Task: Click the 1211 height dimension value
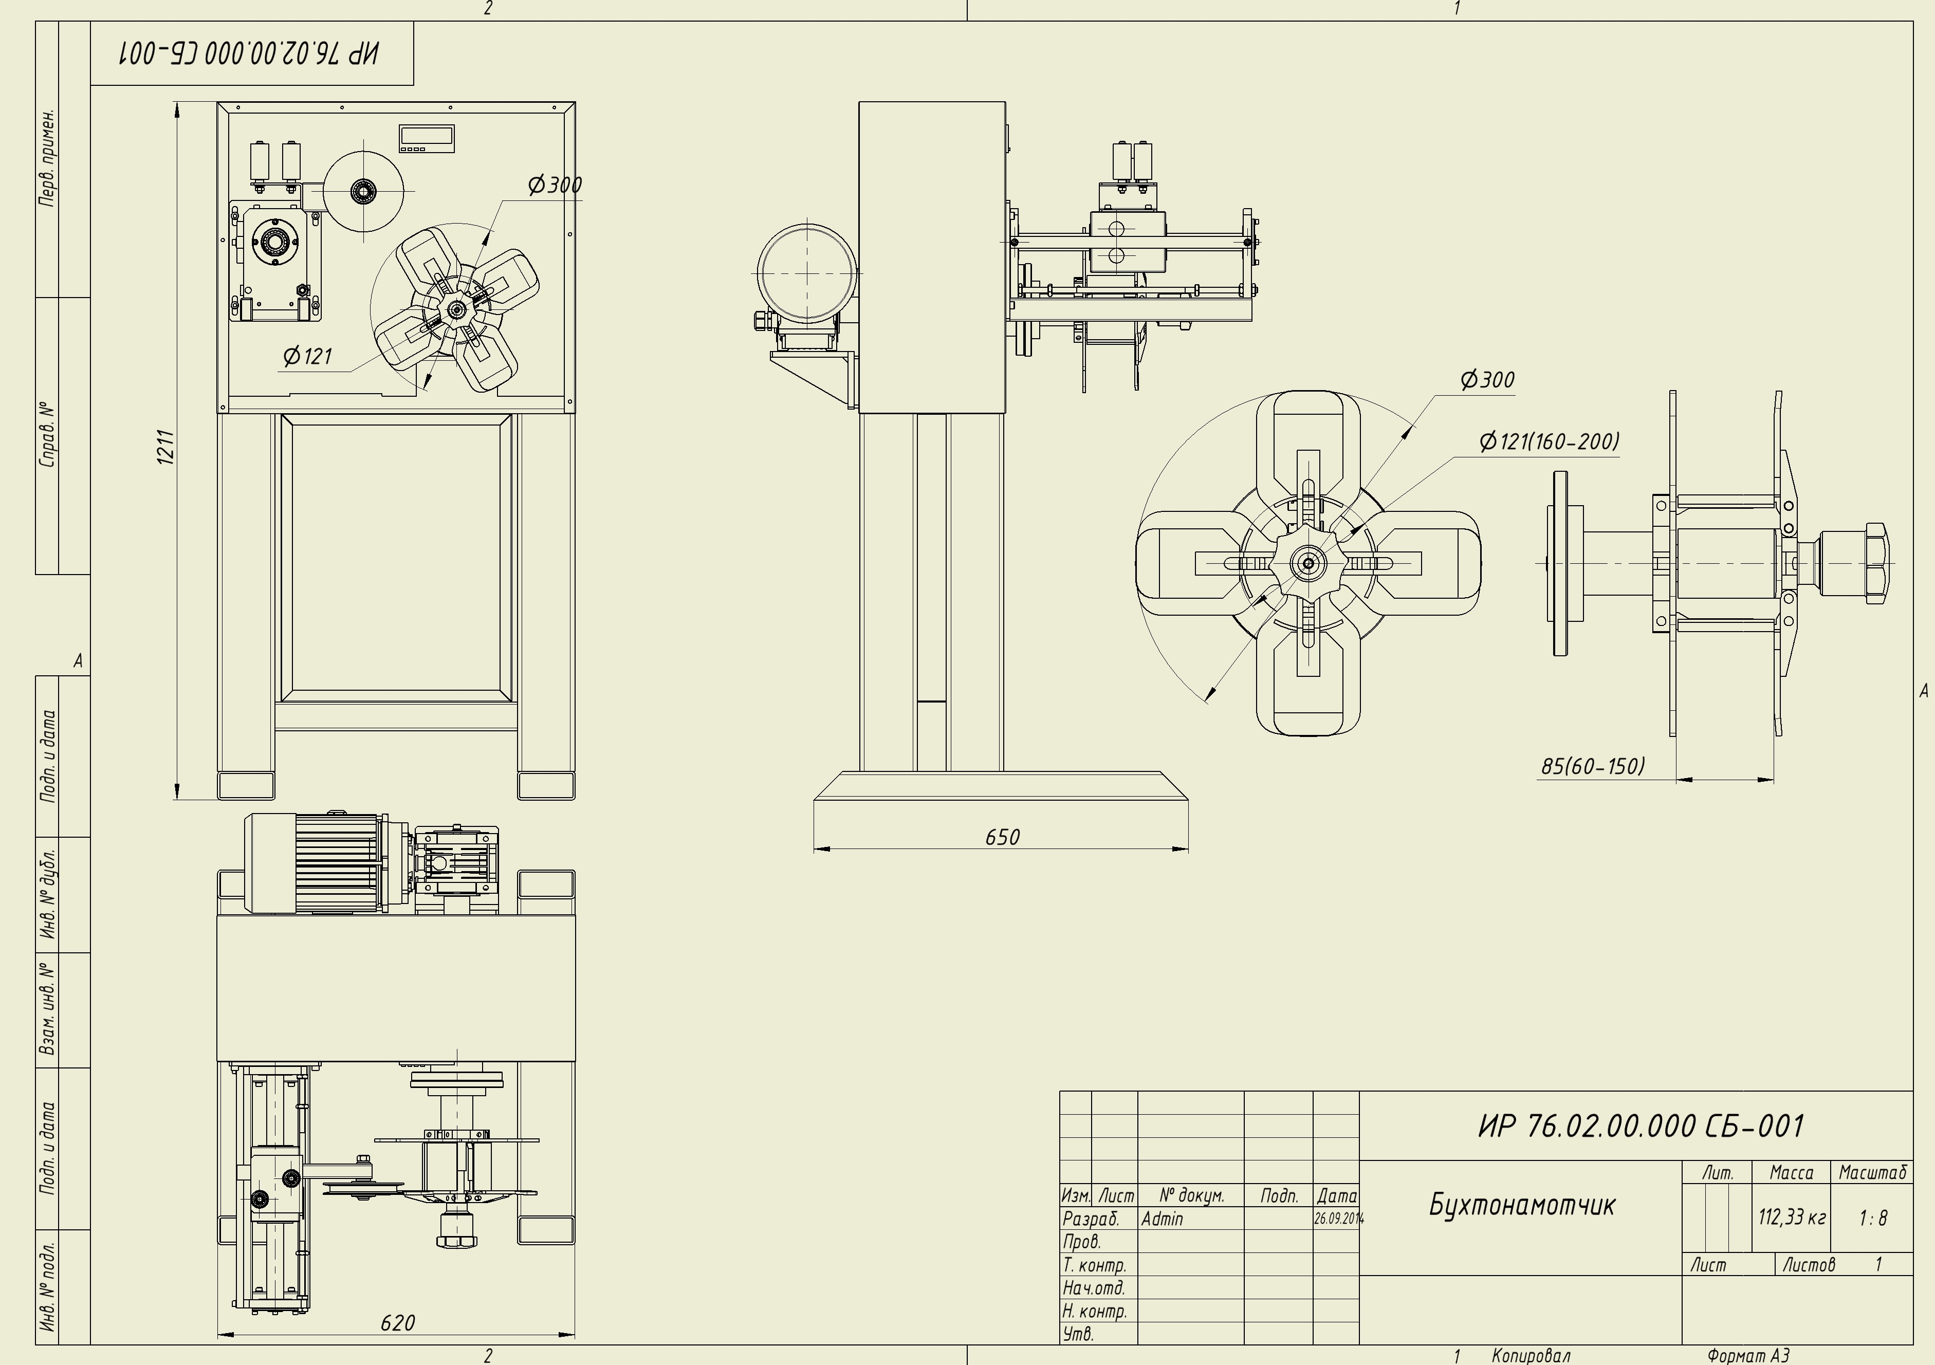click(x=166, y=447)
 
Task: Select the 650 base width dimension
click(x=1002, y=837)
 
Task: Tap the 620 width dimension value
click(x=398, y=1323)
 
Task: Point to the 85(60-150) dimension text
click(x=1593, y=766)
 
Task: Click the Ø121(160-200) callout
click(x=1549, y=440)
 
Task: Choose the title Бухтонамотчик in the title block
click(x=1522, y=1205)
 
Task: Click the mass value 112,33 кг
click(x=1792, y=1218)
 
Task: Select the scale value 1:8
click(x=1873, y=1218)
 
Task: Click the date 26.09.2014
click(x=1338, y=1219)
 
